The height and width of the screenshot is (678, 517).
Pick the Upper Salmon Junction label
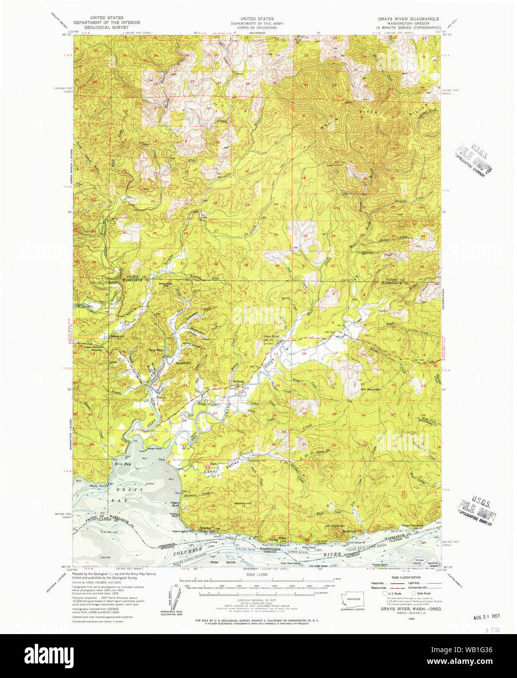pos(93,349)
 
